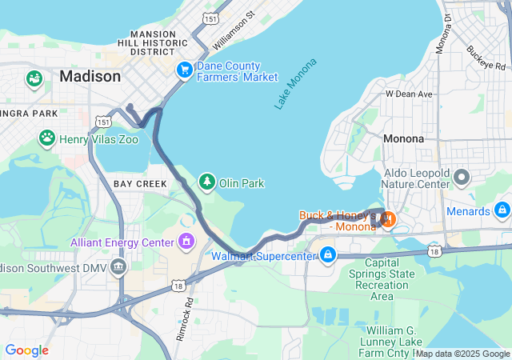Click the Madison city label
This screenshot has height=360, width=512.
(90, 77)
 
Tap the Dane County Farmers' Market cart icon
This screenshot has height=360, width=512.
(185, 70)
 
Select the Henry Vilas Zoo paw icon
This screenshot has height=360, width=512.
(47, 138)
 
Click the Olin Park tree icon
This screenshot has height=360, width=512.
(208, 182)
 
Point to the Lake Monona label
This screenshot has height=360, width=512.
(295, 84)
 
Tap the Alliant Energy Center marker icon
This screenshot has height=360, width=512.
(186, 241)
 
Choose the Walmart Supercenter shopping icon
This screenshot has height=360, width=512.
(327, 256)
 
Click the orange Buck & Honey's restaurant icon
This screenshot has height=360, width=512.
(388, 218)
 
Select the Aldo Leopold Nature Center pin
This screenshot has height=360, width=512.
(461, 175)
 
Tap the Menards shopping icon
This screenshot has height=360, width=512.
(502, 211)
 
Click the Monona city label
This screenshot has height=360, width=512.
(403, 138)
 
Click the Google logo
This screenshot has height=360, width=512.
(26, 350)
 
